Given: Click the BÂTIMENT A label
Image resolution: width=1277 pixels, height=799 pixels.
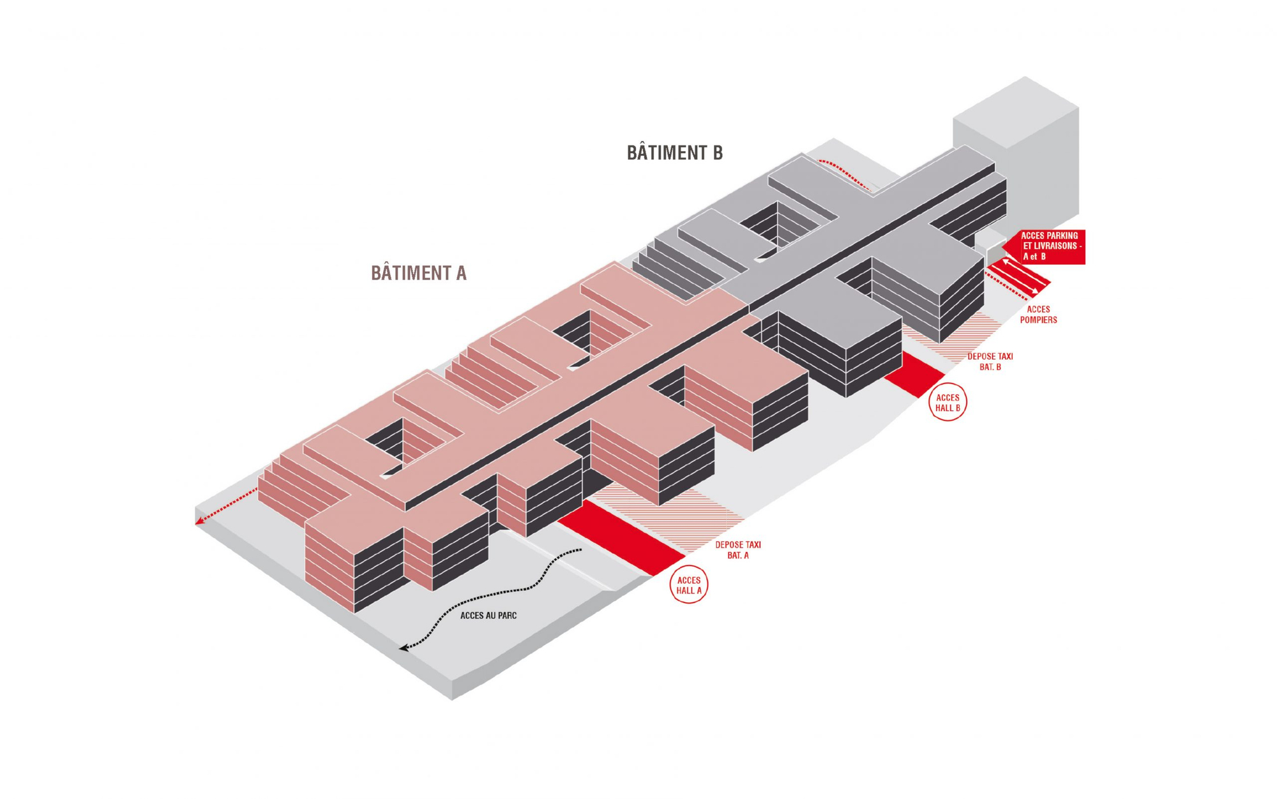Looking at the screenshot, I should click(x=419, y=273).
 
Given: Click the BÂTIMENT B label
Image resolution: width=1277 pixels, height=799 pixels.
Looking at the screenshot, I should click(x=674, y=153).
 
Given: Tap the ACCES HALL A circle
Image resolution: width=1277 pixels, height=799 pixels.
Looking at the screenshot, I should click(x=688, y=585).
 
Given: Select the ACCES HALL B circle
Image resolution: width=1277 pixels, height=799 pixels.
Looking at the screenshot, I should click(x=947, y=402).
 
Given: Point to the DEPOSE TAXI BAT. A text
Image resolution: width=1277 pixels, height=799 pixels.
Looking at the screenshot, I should click(x=737, y=549).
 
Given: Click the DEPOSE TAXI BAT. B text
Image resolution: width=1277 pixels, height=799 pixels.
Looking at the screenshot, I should click(x=990, y=361).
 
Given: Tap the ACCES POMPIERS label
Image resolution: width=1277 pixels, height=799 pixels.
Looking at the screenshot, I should click(x=1038, y=314).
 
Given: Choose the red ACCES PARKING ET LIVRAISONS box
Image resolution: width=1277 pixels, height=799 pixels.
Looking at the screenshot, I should click(x=1047, y=246).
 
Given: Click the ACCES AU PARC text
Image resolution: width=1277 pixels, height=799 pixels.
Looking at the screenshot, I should click(x=488, y=615).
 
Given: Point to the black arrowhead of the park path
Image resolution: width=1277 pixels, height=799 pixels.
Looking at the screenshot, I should click(x=404, y=648).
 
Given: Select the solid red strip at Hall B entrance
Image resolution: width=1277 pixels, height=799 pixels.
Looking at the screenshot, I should click(x=914, y=374).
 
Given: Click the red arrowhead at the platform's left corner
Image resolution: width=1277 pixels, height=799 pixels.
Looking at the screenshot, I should click(x=200, y=521).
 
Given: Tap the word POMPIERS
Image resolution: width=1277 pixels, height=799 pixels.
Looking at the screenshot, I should click(x=1038, y=320).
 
